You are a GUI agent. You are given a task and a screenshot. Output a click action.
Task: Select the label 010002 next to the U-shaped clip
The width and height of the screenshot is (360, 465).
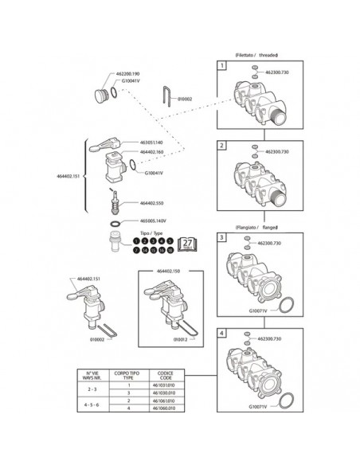[x=182, y=99]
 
